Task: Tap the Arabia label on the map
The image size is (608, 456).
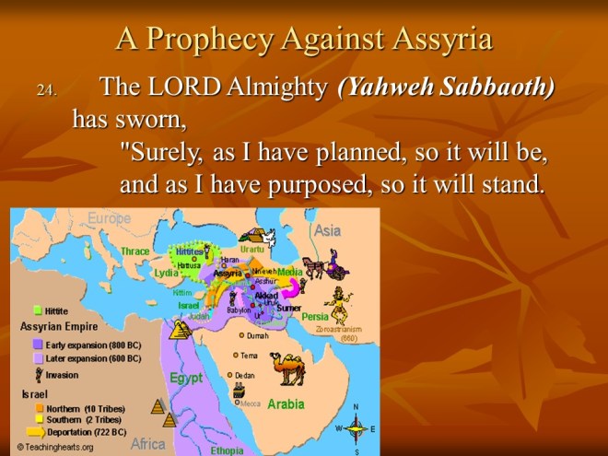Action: pos(286,404)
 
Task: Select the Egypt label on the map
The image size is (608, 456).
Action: pos(185,378)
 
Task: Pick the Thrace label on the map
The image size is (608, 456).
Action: pos(134,251)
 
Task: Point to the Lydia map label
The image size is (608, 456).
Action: pos(166,273)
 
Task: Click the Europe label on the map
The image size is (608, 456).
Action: pos(110,218)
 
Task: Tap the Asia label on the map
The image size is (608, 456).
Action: pos(327,230)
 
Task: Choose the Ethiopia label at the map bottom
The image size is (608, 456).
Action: pos(227,450)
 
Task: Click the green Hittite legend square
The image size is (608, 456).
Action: pos(38,310)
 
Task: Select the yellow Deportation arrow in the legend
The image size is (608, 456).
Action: pos(37,431)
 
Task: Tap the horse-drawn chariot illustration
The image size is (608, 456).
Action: pos(322,267)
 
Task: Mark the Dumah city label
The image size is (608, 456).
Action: pos(257,336)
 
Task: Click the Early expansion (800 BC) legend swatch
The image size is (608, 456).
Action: pos(37,343)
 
